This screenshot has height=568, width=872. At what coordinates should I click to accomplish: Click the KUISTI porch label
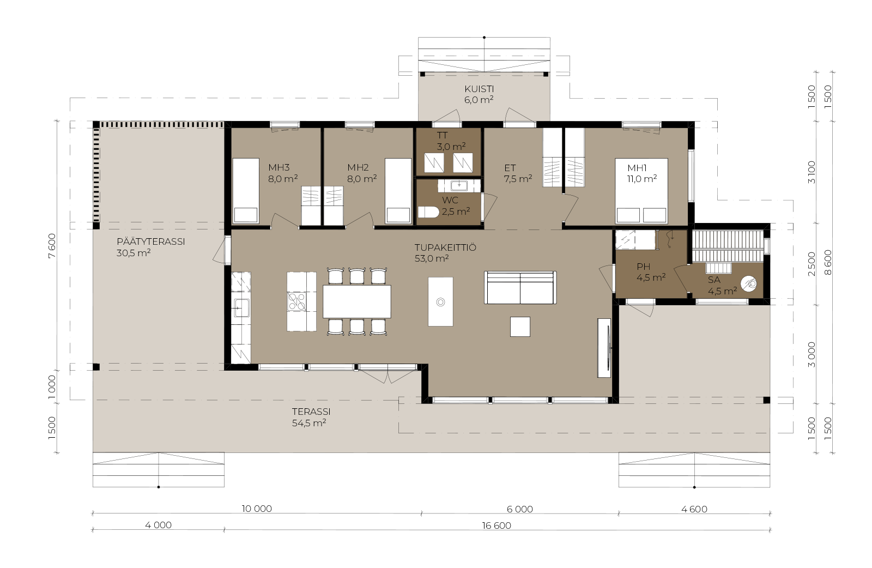(479, 89)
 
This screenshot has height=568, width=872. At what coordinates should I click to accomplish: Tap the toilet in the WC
(428, 212)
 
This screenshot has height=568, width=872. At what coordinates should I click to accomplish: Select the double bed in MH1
(641, 191)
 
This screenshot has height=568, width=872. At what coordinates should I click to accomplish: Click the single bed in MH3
(246, 191)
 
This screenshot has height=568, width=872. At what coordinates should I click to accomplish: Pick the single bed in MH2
(398, 191)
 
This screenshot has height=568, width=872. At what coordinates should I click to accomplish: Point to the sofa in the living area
(520, 288)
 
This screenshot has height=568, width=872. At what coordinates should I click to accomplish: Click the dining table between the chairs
(357, 301)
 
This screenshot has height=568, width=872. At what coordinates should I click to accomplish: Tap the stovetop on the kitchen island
(296, 301)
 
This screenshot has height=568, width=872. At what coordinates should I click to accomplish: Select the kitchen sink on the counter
(241, 308)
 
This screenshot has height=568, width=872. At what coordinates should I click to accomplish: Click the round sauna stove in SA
(749, 284)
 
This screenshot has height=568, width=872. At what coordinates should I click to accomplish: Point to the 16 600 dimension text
(496, 525)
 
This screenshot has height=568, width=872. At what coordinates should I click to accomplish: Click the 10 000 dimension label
(257, 509)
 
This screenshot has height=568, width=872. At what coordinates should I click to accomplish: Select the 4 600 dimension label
(694, 509)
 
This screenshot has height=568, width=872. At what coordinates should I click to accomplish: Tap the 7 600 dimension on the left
(52, 245)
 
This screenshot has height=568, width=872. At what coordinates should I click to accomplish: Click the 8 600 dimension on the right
(828, 262)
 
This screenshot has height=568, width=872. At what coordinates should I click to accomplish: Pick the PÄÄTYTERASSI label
(150, 242)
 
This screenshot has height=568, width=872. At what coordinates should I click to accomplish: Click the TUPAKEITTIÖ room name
(445, 247)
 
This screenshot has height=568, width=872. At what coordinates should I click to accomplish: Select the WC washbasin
(459, 186)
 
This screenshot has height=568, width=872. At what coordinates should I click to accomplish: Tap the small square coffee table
(520, 327)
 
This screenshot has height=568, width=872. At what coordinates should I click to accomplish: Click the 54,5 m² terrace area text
(309, 423)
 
